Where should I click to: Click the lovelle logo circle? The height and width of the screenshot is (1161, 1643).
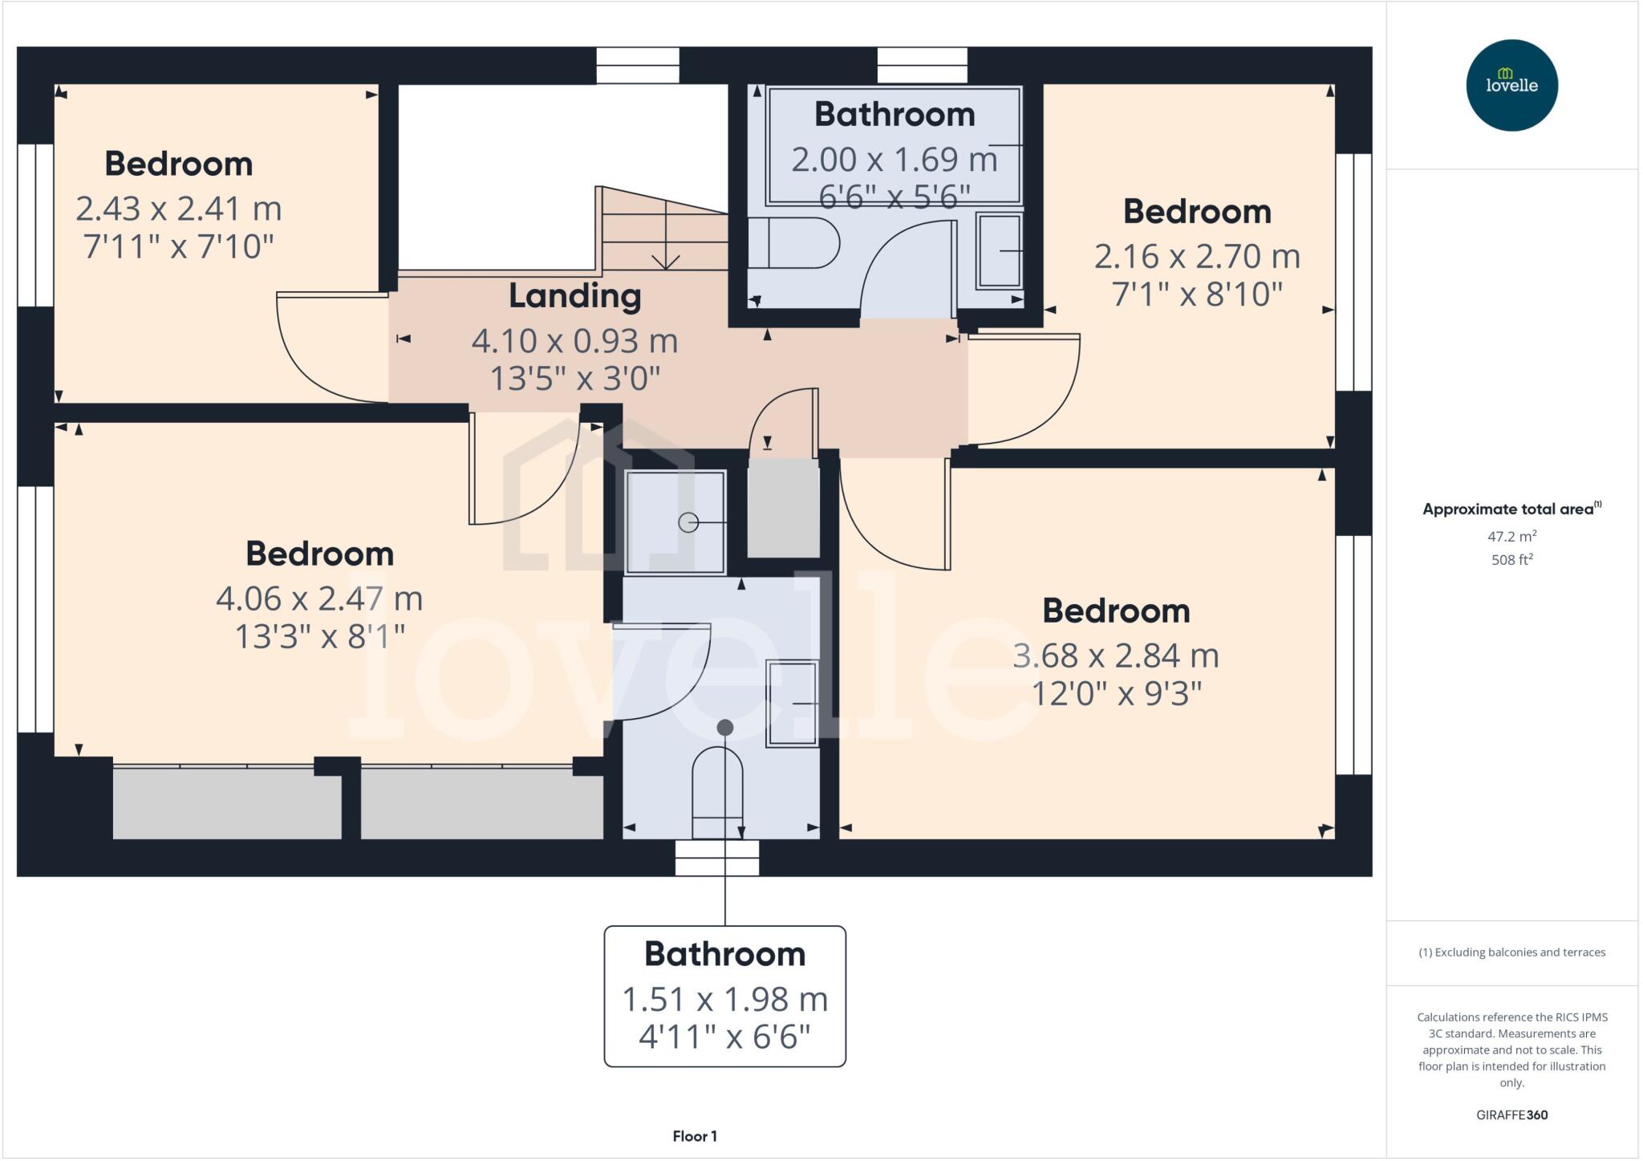click(1511, 85)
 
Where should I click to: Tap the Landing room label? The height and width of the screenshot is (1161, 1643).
click(574, 296)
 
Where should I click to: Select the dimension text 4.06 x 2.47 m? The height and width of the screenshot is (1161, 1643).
click(318, 599)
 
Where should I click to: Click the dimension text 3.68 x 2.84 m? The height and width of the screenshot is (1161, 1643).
click(1115, 656)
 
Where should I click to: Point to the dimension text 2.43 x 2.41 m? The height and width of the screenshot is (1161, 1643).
click(178, 209)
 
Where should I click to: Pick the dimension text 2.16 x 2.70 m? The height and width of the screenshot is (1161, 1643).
click(1196, 257)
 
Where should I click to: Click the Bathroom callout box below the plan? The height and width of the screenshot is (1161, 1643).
click(724, 996)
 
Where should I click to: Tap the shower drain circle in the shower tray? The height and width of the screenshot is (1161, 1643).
click(688, 523)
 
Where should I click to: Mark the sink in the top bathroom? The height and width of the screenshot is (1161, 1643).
click(999, 251)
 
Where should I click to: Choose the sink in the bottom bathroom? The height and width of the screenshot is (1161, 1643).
click(792, 704)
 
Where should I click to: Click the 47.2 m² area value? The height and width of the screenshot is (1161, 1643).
click(1511, 536)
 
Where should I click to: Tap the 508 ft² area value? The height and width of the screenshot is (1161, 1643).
click(1511, 560)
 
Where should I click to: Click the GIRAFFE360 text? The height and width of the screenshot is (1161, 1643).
click(1511, 1114)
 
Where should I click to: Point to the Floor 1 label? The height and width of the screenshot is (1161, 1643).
click(695, 1136)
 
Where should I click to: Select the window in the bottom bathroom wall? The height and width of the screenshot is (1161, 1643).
click(716, 858)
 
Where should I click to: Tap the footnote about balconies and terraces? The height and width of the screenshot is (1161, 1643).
click(1511, 952)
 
